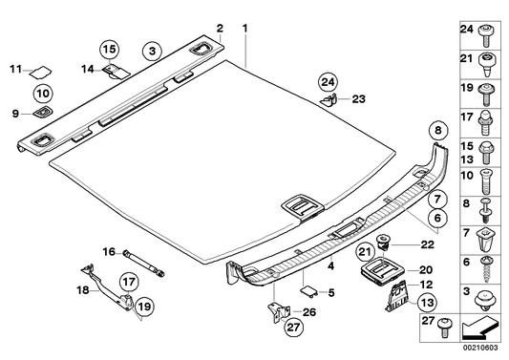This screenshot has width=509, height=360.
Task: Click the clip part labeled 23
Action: (x=328, y=97)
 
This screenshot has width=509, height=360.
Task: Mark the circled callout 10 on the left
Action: (x=42, y=93)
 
